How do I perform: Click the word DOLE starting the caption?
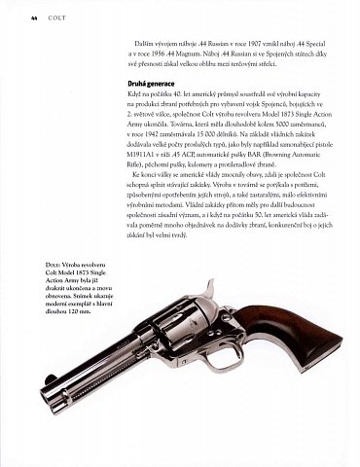pos(54,291)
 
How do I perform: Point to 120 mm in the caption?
pos(81,342)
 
